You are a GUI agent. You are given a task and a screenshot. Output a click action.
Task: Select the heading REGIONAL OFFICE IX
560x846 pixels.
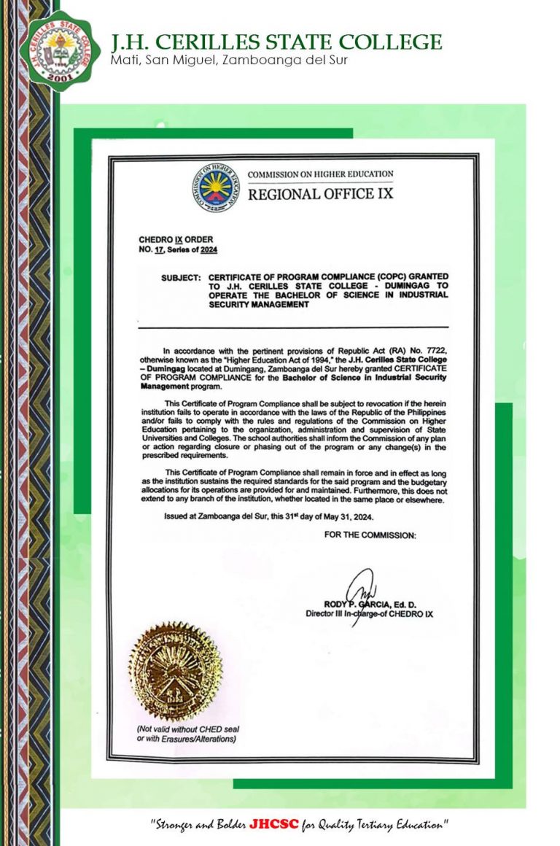(x=321, y=194)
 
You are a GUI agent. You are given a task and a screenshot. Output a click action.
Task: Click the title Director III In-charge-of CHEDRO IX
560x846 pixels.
(x=369, y=614)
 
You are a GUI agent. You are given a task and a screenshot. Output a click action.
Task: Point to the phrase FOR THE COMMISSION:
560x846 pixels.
(x=369, y=535)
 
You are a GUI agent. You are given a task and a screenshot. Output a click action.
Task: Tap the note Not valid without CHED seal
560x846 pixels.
(x=188, y=729)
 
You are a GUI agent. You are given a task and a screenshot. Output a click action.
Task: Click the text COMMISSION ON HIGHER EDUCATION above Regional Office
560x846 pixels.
(x=321, y=175)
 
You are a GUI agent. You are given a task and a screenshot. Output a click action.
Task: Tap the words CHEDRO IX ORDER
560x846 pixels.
(x=166, y=240)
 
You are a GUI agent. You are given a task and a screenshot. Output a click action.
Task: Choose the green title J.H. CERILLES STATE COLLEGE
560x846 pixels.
(x=276, y=42)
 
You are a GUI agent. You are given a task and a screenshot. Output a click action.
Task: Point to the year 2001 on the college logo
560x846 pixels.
(x=60, y=78)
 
